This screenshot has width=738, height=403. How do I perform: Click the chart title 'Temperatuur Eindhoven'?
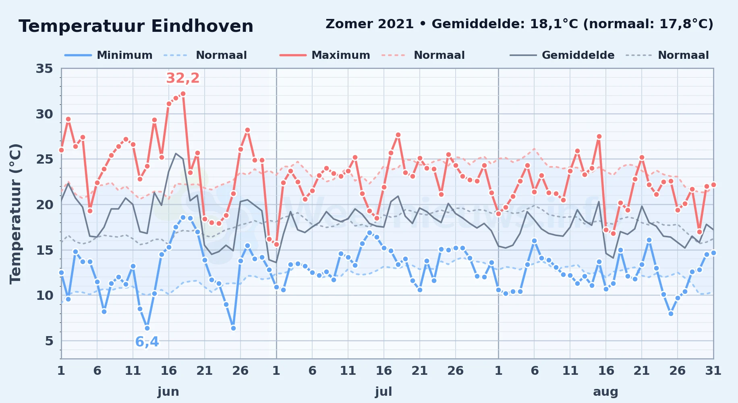tap(136, 26)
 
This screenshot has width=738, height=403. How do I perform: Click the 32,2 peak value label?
tap(183, 78)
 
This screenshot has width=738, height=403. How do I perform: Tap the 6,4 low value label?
tap(147, 342)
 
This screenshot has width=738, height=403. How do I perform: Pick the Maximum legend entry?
tap(325, 55)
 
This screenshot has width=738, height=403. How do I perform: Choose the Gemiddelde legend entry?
tap(562, 55)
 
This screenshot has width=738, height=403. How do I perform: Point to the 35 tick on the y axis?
tap(44, 69)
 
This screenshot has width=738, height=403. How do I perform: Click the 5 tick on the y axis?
tap(49, 341)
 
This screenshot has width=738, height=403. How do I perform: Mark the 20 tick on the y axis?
tap(44, 205)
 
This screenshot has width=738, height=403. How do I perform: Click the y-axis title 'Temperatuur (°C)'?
tap(16, 214)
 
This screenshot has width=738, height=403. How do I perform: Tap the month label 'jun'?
tap(168, 391)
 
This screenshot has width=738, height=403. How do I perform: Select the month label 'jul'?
tap(384, 391)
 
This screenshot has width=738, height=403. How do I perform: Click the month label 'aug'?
tap(605, 391)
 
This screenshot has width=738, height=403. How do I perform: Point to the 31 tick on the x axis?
tap(713, 370)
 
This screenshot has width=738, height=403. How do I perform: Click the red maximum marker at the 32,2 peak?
tap(183, 93)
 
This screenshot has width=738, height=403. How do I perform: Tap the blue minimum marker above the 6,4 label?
tap(147, 328)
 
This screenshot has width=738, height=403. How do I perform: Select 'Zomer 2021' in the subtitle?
tap(369, 24)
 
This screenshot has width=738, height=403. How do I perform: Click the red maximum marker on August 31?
tap(713, 185)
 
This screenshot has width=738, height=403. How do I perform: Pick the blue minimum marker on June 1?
tap(61, 272)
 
